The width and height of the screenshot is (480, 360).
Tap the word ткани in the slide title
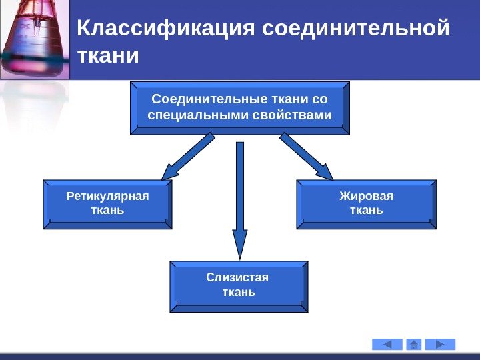click(x=109, y=56)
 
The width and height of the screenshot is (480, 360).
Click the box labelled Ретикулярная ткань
click(x=107, y=204)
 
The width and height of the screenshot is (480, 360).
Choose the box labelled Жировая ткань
click(x=366, y=204)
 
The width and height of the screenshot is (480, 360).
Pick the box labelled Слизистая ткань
click(x=239, y=286)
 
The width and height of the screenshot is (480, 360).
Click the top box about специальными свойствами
click(x=240, y=108)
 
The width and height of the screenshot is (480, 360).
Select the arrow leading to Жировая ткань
click(x=306, y=156)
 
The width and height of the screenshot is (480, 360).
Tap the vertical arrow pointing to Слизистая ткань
click(x=240, y=200)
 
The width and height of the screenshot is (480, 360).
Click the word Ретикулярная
click(x=108, y=197)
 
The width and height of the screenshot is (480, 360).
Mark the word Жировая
click(x=366, y=197)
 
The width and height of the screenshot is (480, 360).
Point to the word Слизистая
click(x=239, y=278)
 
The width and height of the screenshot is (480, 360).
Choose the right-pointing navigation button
click(x=440, y=344)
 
